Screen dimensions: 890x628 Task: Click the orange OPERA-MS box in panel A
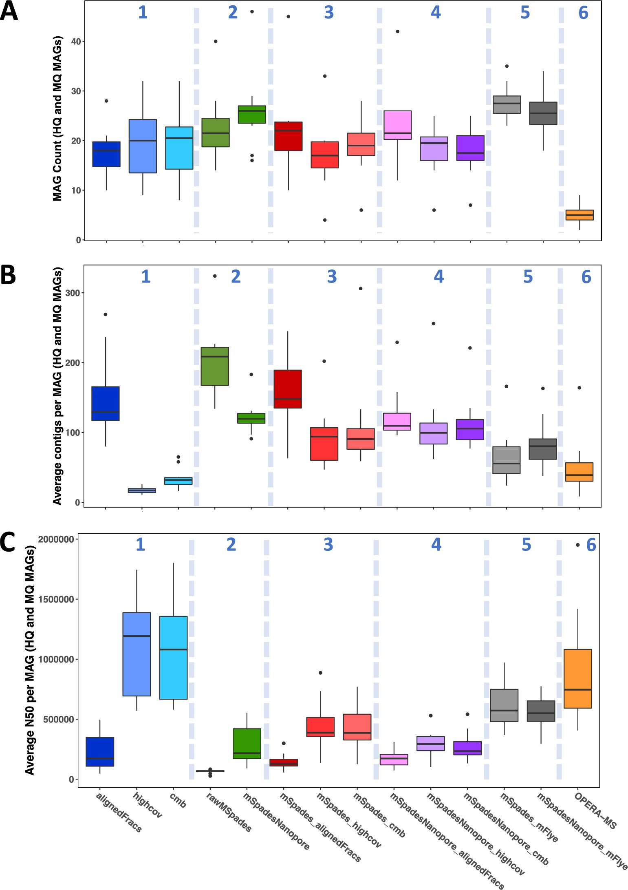click(580, 215)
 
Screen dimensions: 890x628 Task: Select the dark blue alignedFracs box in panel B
click(106, 403)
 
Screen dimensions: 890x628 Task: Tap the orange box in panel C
click(577, 678)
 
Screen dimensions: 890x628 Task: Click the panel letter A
click(9, 11)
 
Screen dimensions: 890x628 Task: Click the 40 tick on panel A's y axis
click(75, 42)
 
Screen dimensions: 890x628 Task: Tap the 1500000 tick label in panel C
click(56, 599)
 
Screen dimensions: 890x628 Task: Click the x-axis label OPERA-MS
click(595, 811)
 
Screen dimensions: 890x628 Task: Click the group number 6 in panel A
click(583, 13)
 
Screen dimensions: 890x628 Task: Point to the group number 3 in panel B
click(332, 277)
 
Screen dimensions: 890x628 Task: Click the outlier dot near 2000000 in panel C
click(577, 545)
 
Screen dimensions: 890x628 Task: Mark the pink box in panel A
click(398, 125)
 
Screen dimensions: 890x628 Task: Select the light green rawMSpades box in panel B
click(215, 366)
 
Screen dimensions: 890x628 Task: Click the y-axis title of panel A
click(57, 118)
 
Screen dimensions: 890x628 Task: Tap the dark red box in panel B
click(288, 389)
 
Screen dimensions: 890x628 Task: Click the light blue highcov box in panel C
click(137, 654)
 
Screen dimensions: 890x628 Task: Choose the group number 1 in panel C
click(140, 544)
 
